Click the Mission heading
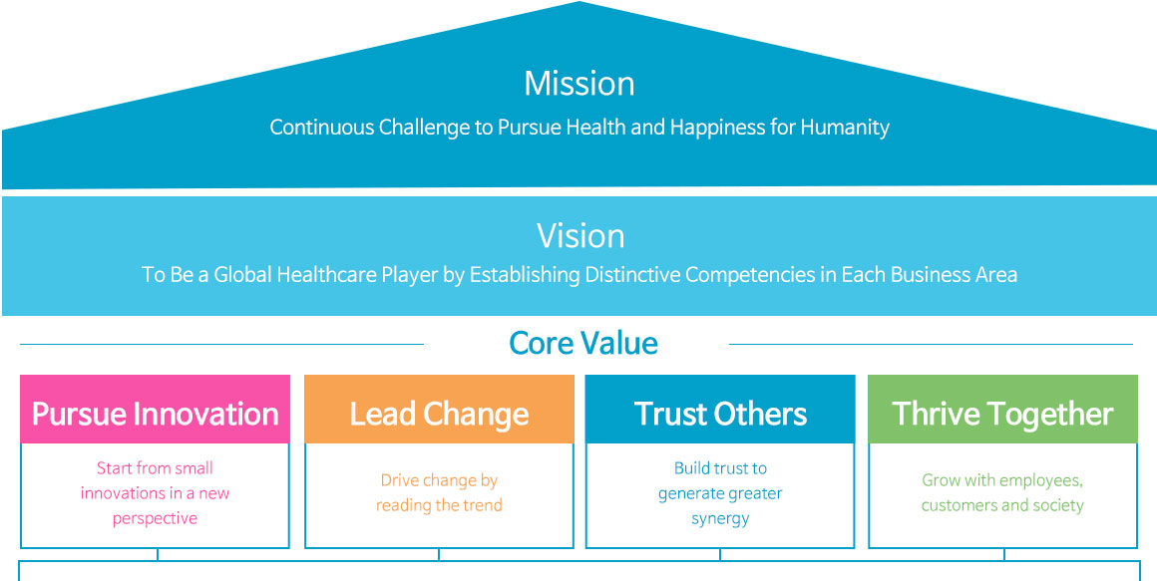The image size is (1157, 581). click(579, 84)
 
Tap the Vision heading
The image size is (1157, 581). click(580, 236)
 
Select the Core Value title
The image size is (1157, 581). click(583, 344)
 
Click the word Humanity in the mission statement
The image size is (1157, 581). click(845, 128)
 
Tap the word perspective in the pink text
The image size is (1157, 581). click(155, 519)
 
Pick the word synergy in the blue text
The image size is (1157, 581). click(720, 519)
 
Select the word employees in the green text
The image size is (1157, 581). click(1041, 481)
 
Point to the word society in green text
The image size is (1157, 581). click(1056, 506)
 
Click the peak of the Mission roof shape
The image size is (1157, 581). click(579, 2)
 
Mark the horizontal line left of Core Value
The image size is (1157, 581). click(221, 345)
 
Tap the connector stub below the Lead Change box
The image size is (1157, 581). click(439, 554)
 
